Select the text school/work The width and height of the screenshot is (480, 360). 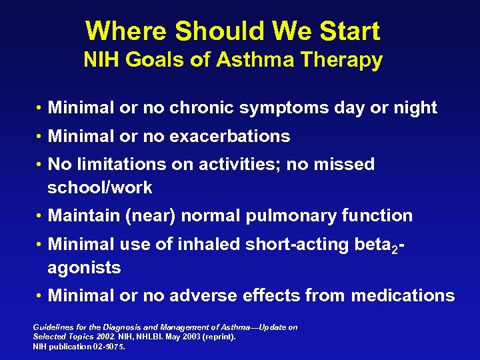click(x=100, y=188)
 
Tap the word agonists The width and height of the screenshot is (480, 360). click(x=84, y=269)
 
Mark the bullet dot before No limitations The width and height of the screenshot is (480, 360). click(x=41, y=165)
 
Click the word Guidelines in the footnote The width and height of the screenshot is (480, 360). click(x=51, y=327)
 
